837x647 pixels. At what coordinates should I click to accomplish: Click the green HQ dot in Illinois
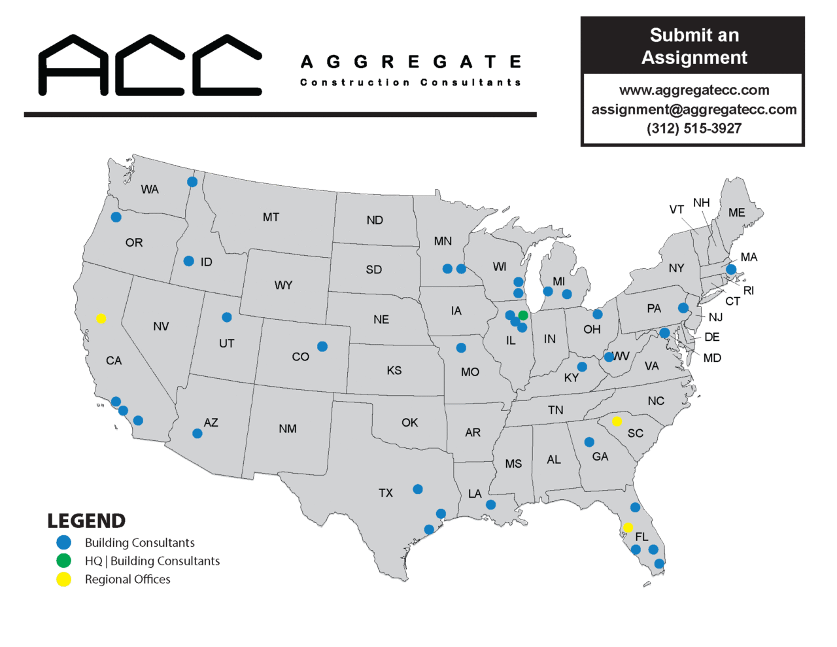(x=523, y=315)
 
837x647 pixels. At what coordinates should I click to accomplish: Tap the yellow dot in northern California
(x=101, y=319)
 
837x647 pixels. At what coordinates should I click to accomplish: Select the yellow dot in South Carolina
(x=617, y=421)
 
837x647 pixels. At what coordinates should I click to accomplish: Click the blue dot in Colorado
(x=322, y=347)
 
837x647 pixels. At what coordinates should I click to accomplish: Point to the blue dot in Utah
(x=227, y=317)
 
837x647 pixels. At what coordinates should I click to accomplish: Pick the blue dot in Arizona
(x=197, y=434)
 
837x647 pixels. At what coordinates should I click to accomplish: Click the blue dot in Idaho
(x=189, y=261)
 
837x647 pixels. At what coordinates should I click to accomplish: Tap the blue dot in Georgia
(x=589, y=442)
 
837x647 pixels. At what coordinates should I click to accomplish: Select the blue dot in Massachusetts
(x=731, y=270)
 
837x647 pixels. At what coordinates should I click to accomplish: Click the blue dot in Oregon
(x=116, y=217)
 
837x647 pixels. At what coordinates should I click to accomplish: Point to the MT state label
(x=271, y=217)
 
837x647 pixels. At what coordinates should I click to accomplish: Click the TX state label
(x=386, y=493)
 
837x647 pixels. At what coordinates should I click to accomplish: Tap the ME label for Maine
(x=737, y=213)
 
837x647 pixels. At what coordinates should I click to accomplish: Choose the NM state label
(x=288, y=429)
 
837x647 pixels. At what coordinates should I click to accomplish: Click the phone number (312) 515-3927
(x=694, y=128)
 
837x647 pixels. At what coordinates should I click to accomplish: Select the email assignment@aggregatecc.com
(x=694, y=109)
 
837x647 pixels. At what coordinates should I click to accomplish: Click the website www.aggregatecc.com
(x=694, y=90)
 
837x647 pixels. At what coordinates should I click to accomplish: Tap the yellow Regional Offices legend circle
(x=63, y=579)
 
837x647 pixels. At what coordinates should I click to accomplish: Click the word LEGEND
(x=86, y=521)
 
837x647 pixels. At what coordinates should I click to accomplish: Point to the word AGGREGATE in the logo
(x=411, y=62)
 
